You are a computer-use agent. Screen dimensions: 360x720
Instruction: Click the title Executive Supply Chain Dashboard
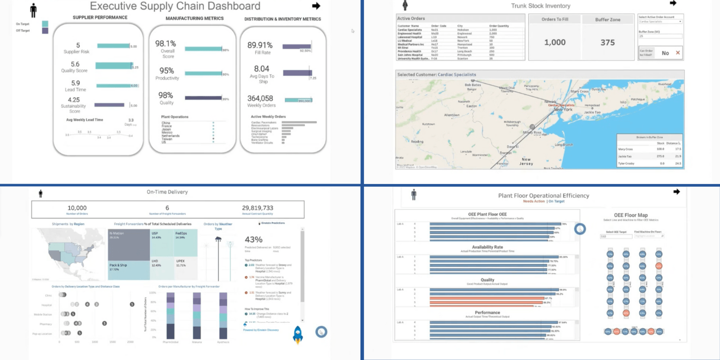coord(175,6)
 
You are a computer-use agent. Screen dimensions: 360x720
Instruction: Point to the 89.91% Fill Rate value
coord(260,45)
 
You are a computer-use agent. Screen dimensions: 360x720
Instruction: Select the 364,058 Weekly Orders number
coord(260,99)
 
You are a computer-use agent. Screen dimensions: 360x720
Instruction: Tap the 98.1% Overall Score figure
coord(166,44)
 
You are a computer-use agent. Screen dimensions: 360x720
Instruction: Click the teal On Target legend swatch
coord(45,24)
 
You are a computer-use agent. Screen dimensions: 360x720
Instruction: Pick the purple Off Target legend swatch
coord(45,31)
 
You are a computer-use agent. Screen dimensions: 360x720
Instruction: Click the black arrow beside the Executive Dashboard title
coord(316,6)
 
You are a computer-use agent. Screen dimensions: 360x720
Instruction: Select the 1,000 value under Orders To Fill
coord(555,42)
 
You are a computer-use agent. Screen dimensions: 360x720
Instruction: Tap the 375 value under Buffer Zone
coord(607,42)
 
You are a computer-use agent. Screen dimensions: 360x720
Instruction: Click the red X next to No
coord(678,53)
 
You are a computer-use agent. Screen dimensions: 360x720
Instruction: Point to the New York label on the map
coord(563,109)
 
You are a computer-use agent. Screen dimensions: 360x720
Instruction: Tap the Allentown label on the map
coord(452,115)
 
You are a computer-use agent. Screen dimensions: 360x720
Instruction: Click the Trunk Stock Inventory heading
coord(540,6)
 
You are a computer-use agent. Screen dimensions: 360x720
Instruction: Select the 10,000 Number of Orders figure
coord(77,208)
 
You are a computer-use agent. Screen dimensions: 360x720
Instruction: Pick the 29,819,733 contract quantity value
coord(257,208)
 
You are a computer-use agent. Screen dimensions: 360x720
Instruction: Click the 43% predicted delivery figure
coord(253,239)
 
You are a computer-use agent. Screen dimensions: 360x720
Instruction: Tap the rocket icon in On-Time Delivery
coord(298,335)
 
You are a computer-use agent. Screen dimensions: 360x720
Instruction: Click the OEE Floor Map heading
coord(630,215)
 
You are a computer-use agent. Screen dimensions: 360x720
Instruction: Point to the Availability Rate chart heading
coord(487,247)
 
